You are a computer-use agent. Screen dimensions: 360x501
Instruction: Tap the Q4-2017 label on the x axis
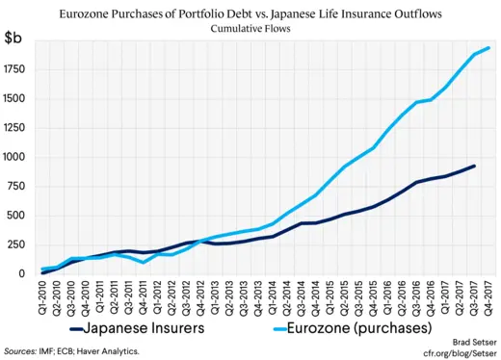coord(488,297)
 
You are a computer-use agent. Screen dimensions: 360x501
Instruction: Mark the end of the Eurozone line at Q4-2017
coord(488,48)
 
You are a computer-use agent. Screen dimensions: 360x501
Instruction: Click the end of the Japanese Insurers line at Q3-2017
coord(474,166)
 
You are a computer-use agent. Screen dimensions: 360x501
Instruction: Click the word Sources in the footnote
coord(20,352)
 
